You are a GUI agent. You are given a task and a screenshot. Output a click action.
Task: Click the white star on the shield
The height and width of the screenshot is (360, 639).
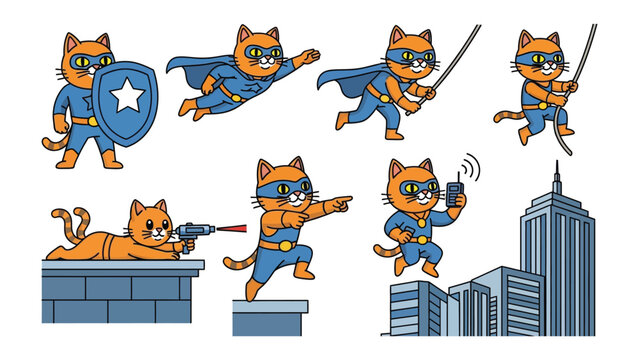coord(128,97)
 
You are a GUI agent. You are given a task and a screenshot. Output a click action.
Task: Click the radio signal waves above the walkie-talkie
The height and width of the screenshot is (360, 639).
coord(468,166)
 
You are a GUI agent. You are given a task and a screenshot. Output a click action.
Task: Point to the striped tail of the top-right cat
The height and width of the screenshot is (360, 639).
coord(509,117)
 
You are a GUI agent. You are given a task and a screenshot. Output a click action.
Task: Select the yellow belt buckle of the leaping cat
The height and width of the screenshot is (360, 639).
coord(285,243)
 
